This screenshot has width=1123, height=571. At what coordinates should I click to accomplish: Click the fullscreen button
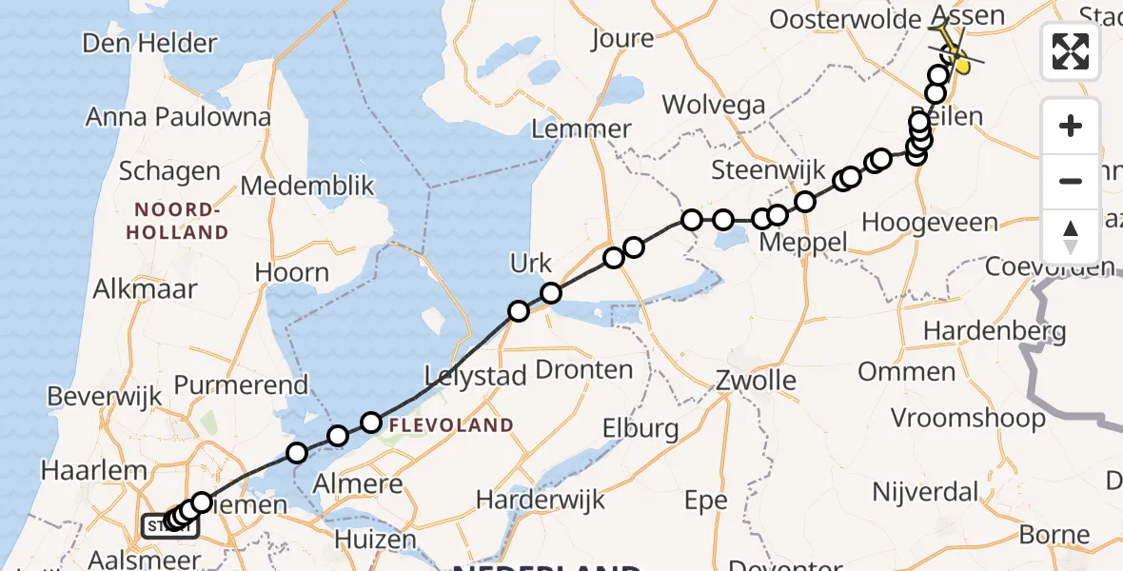[1071, 51]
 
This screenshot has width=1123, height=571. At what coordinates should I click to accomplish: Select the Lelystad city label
[476, 376]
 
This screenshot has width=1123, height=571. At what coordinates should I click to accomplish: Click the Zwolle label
[757, 382]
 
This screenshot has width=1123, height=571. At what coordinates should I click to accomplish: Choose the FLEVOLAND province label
[450, 425]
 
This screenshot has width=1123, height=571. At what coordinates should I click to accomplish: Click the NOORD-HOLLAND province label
[181, 221]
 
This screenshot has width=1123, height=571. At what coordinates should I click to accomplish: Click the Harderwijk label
[541, 499]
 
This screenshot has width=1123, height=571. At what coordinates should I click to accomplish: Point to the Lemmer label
[582, 129]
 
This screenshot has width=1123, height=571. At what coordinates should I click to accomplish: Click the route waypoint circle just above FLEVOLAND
[371, 422]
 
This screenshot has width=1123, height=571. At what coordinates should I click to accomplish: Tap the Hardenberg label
[995, 332]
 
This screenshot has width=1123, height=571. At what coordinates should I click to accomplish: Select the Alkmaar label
[145, 289]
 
